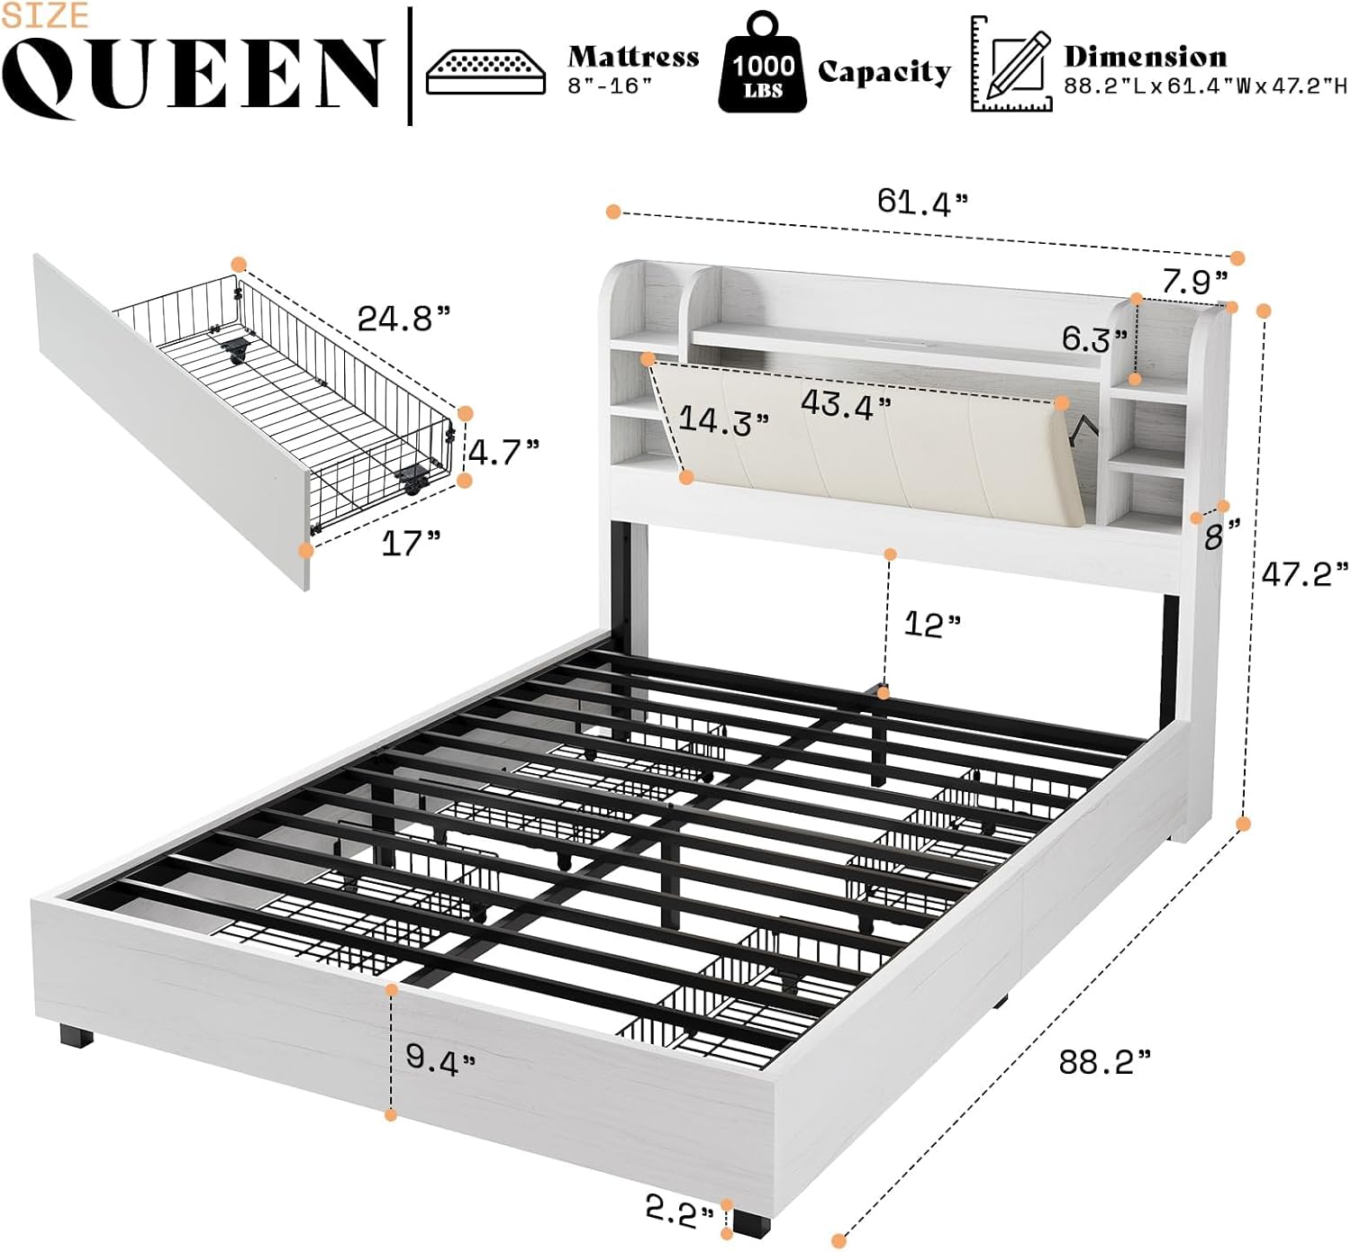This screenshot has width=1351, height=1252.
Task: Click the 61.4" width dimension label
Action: click(921, 202)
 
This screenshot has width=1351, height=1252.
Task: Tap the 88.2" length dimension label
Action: click(1104, 1062)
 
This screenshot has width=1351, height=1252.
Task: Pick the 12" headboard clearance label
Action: click(931, 624)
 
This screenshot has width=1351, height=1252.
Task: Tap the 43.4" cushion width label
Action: click(846, 405)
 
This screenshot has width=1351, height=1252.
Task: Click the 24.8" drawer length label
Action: click(403, 318)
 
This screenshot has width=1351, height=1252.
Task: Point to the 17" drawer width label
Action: click(411, 543)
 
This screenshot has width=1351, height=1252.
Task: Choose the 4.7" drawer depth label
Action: click(504, 452)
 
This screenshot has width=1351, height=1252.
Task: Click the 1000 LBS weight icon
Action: click(762, 65)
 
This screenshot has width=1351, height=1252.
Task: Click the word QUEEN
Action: click(192, 76)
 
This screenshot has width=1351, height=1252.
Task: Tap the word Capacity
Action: click(884, 72)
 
